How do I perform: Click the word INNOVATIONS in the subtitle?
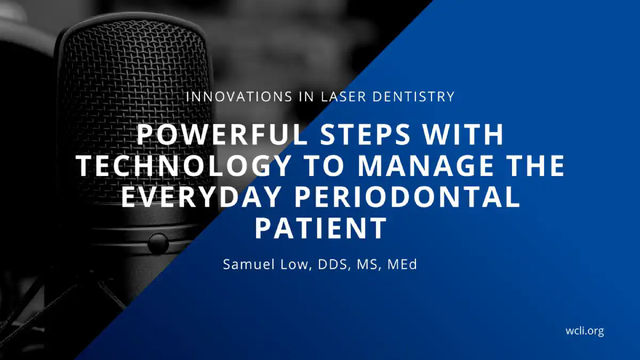point(239,97)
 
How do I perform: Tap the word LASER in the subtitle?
point(343,97)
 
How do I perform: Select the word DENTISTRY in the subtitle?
point(413,97)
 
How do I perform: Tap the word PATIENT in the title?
point(321,228)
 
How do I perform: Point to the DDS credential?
point(334,265)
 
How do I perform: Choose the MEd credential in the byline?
point(402,265)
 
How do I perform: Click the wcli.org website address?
point(585,331)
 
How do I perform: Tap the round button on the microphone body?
point(158,244)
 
